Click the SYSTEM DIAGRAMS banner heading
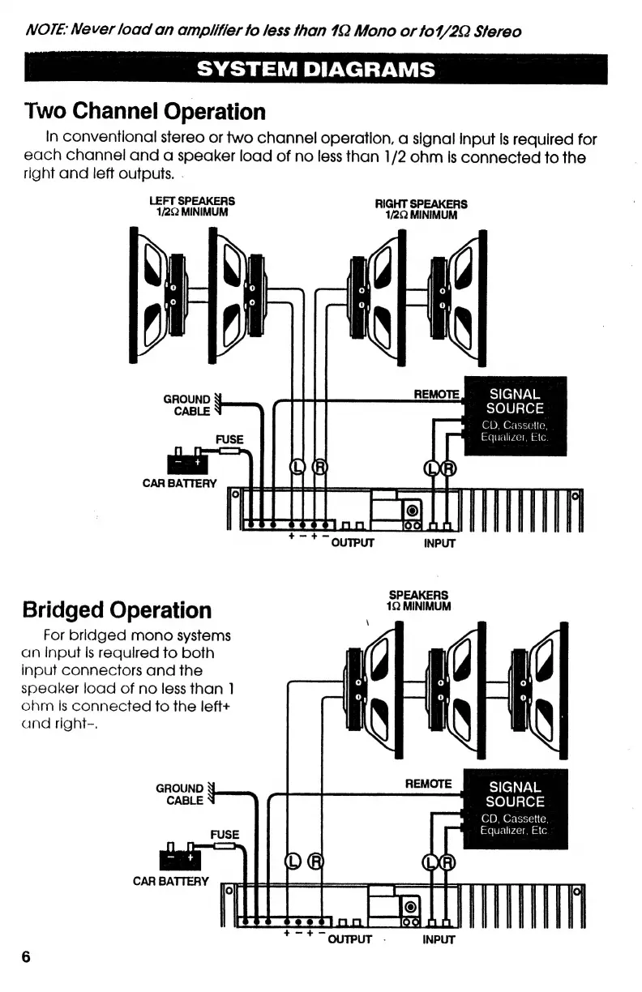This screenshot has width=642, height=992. click(316, 68)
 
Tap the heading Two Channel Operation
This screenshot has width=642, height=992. click(145, 111)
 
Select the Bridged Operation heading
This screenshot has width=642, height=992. click(118, 609)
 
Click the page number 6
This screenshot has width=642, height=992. click(25, 956)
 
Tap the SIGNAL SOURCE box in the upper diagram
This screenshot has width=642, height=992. click(515, 415)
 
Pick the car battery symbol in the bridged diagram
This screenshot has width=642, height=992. click(180, 855)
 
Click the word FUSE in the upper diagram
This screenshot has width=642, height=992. click(229, 439)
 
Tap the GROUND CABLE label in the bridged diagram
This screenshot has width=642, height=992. click(179, 794)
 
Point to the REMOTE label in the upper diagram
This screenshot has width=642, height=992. click(437, 394)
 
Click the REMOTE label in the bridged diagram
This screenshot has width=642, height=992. click(428, 784)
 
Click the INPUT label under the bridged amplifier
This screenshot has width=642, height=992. click(439, 940)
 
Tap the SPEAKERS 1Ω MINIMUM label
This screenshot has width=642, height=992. click(418, 600)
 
